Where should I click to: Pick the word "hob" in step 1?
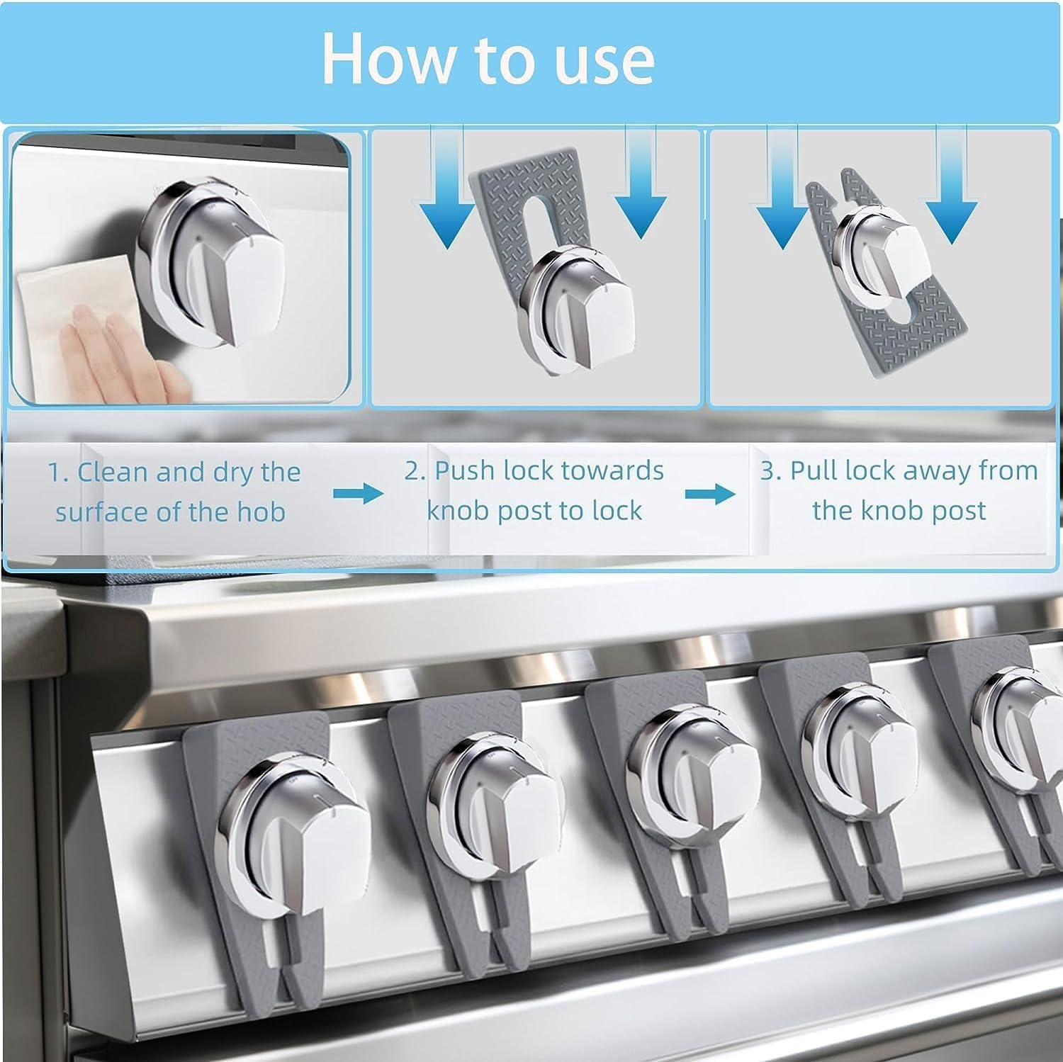pos(261,512)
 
